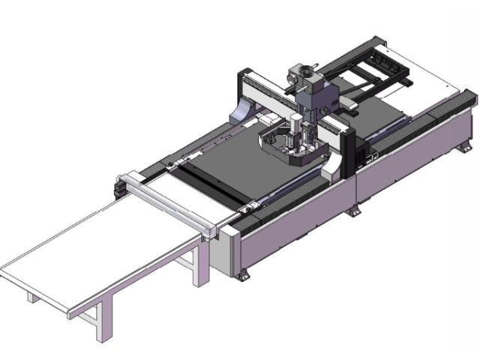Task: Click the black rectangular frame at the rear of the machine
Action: point(375,64)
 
